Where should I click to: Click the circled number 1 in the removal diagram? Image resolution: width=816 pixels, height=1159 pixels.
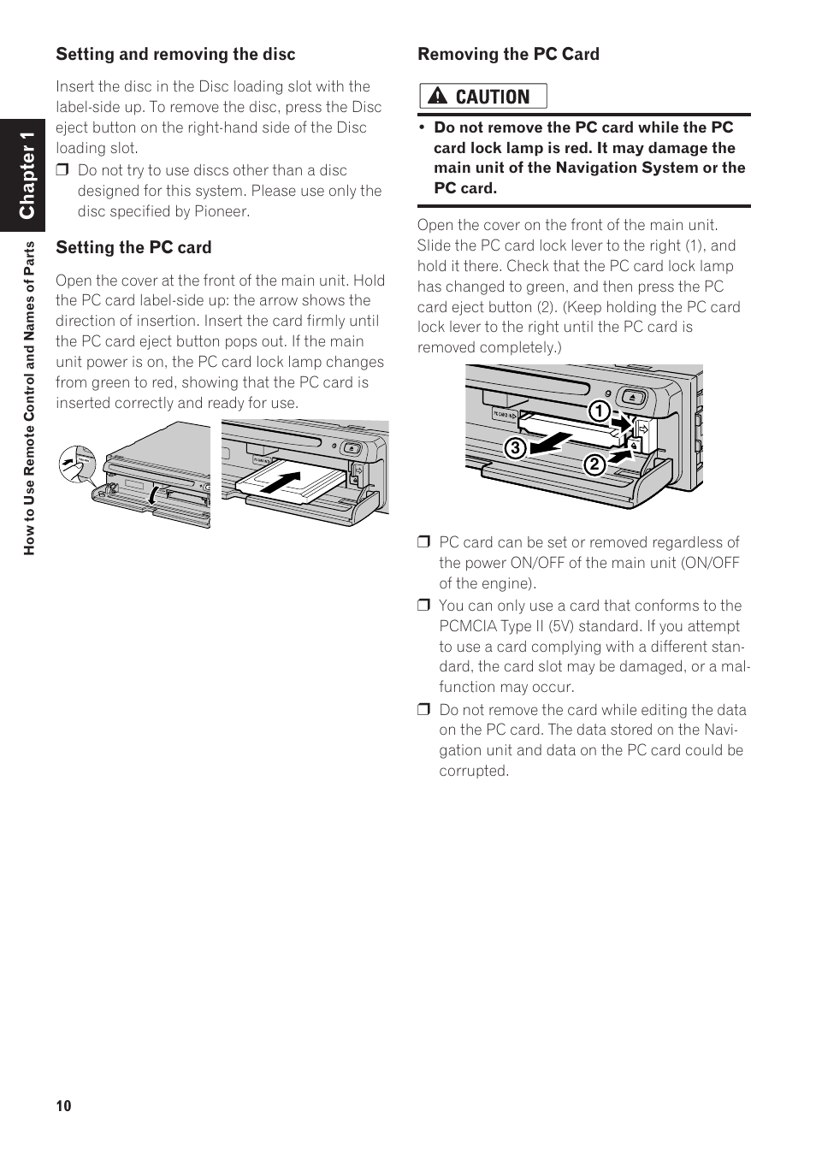click(x=599, y=411)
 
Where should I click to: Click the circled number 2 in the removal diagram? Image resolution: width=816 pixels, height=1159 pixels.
click(x=594, y=464)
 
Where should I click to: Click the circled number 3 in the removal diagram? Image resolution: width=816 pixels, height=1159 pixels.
click(x=515, y=447)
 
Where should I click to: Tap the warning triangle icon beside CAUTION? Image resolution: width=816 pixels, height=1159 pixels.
click(x=437, y=96)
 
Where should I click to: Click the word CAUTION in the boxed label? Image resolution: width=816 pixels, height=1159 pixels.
click(x=493, y=97)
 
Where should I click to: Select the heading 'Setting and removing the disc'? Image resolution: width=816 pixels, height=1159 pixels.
click(x=175, y=54)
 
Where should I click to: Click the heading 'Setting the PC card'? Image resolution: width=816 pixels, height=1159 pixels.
click(x=133, y=247)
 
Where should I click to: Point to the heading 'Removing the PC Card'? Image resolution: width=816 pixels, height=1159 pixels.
click(x=508, y=54)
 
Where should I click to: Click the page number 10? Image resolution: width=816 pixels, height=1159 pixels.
click(x=63, y=1106)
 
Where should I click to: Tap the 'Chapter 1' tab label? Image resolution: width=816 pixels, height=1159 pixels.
click(x=27, y=175)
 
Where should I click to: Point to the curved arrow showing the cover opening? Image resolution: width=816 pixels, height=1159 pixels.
click(x=152, y=495)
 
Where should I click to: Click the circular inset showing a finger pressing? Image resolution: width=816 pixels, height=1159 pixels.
click(x=77, y=464)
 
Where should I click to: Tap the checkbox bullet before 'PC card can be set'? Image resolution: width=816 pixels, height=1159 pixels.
click(x=423, y=542)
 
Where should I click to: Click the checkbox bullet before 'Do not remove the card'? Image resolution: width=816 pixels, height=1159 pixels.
click(x=423, y=710)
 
